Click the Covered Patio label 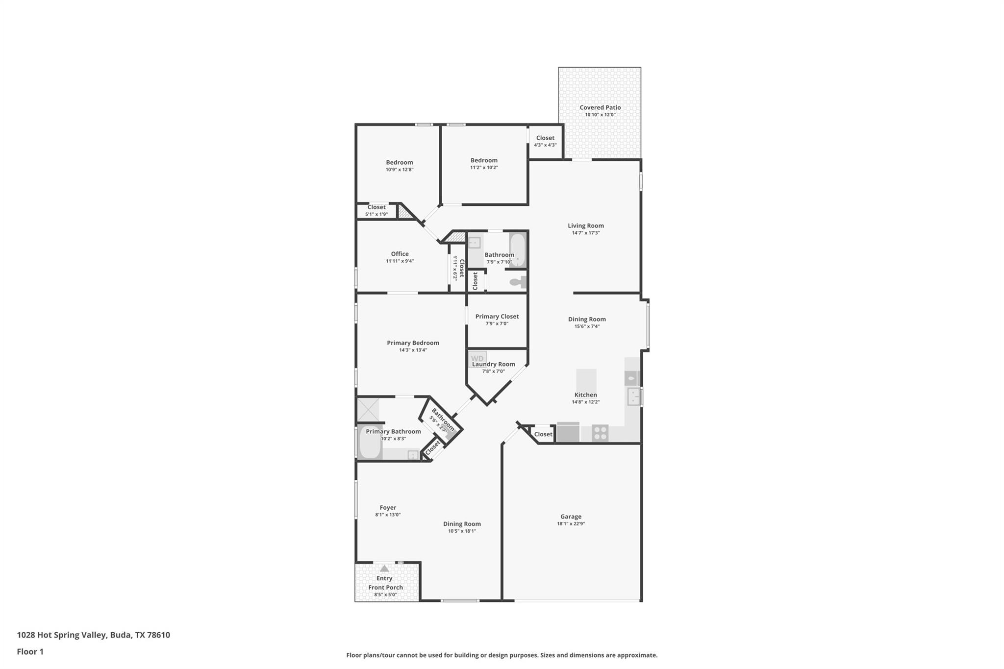[600, 107]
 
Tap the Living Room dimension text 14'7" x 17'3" [586, 233]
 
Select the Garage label [571, 516]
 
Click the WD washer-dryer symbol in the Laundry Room [477, 358]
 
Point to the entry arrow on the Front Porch [384, 569]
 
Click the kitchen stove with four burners [600, 433]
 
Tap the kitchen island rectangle [586, 379]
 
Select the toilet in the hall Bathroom [518, 282]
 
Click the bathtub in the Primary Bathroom [370, 443]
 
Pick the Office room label [400, 253]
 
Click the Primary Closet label [497, 316]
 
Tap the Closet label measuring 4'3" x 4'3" [545, 138]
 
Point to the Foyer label [388, 507]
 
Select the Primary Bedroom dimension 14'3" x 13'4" [413, 350]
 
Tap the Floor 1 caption [30, 651]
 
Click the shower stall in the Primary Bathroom [368, 410]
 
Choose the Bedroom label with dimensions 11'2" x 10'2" [484, 160]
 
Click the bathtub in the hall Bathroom [518, 249]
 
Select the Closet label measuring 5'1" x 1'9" [376, 207]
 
